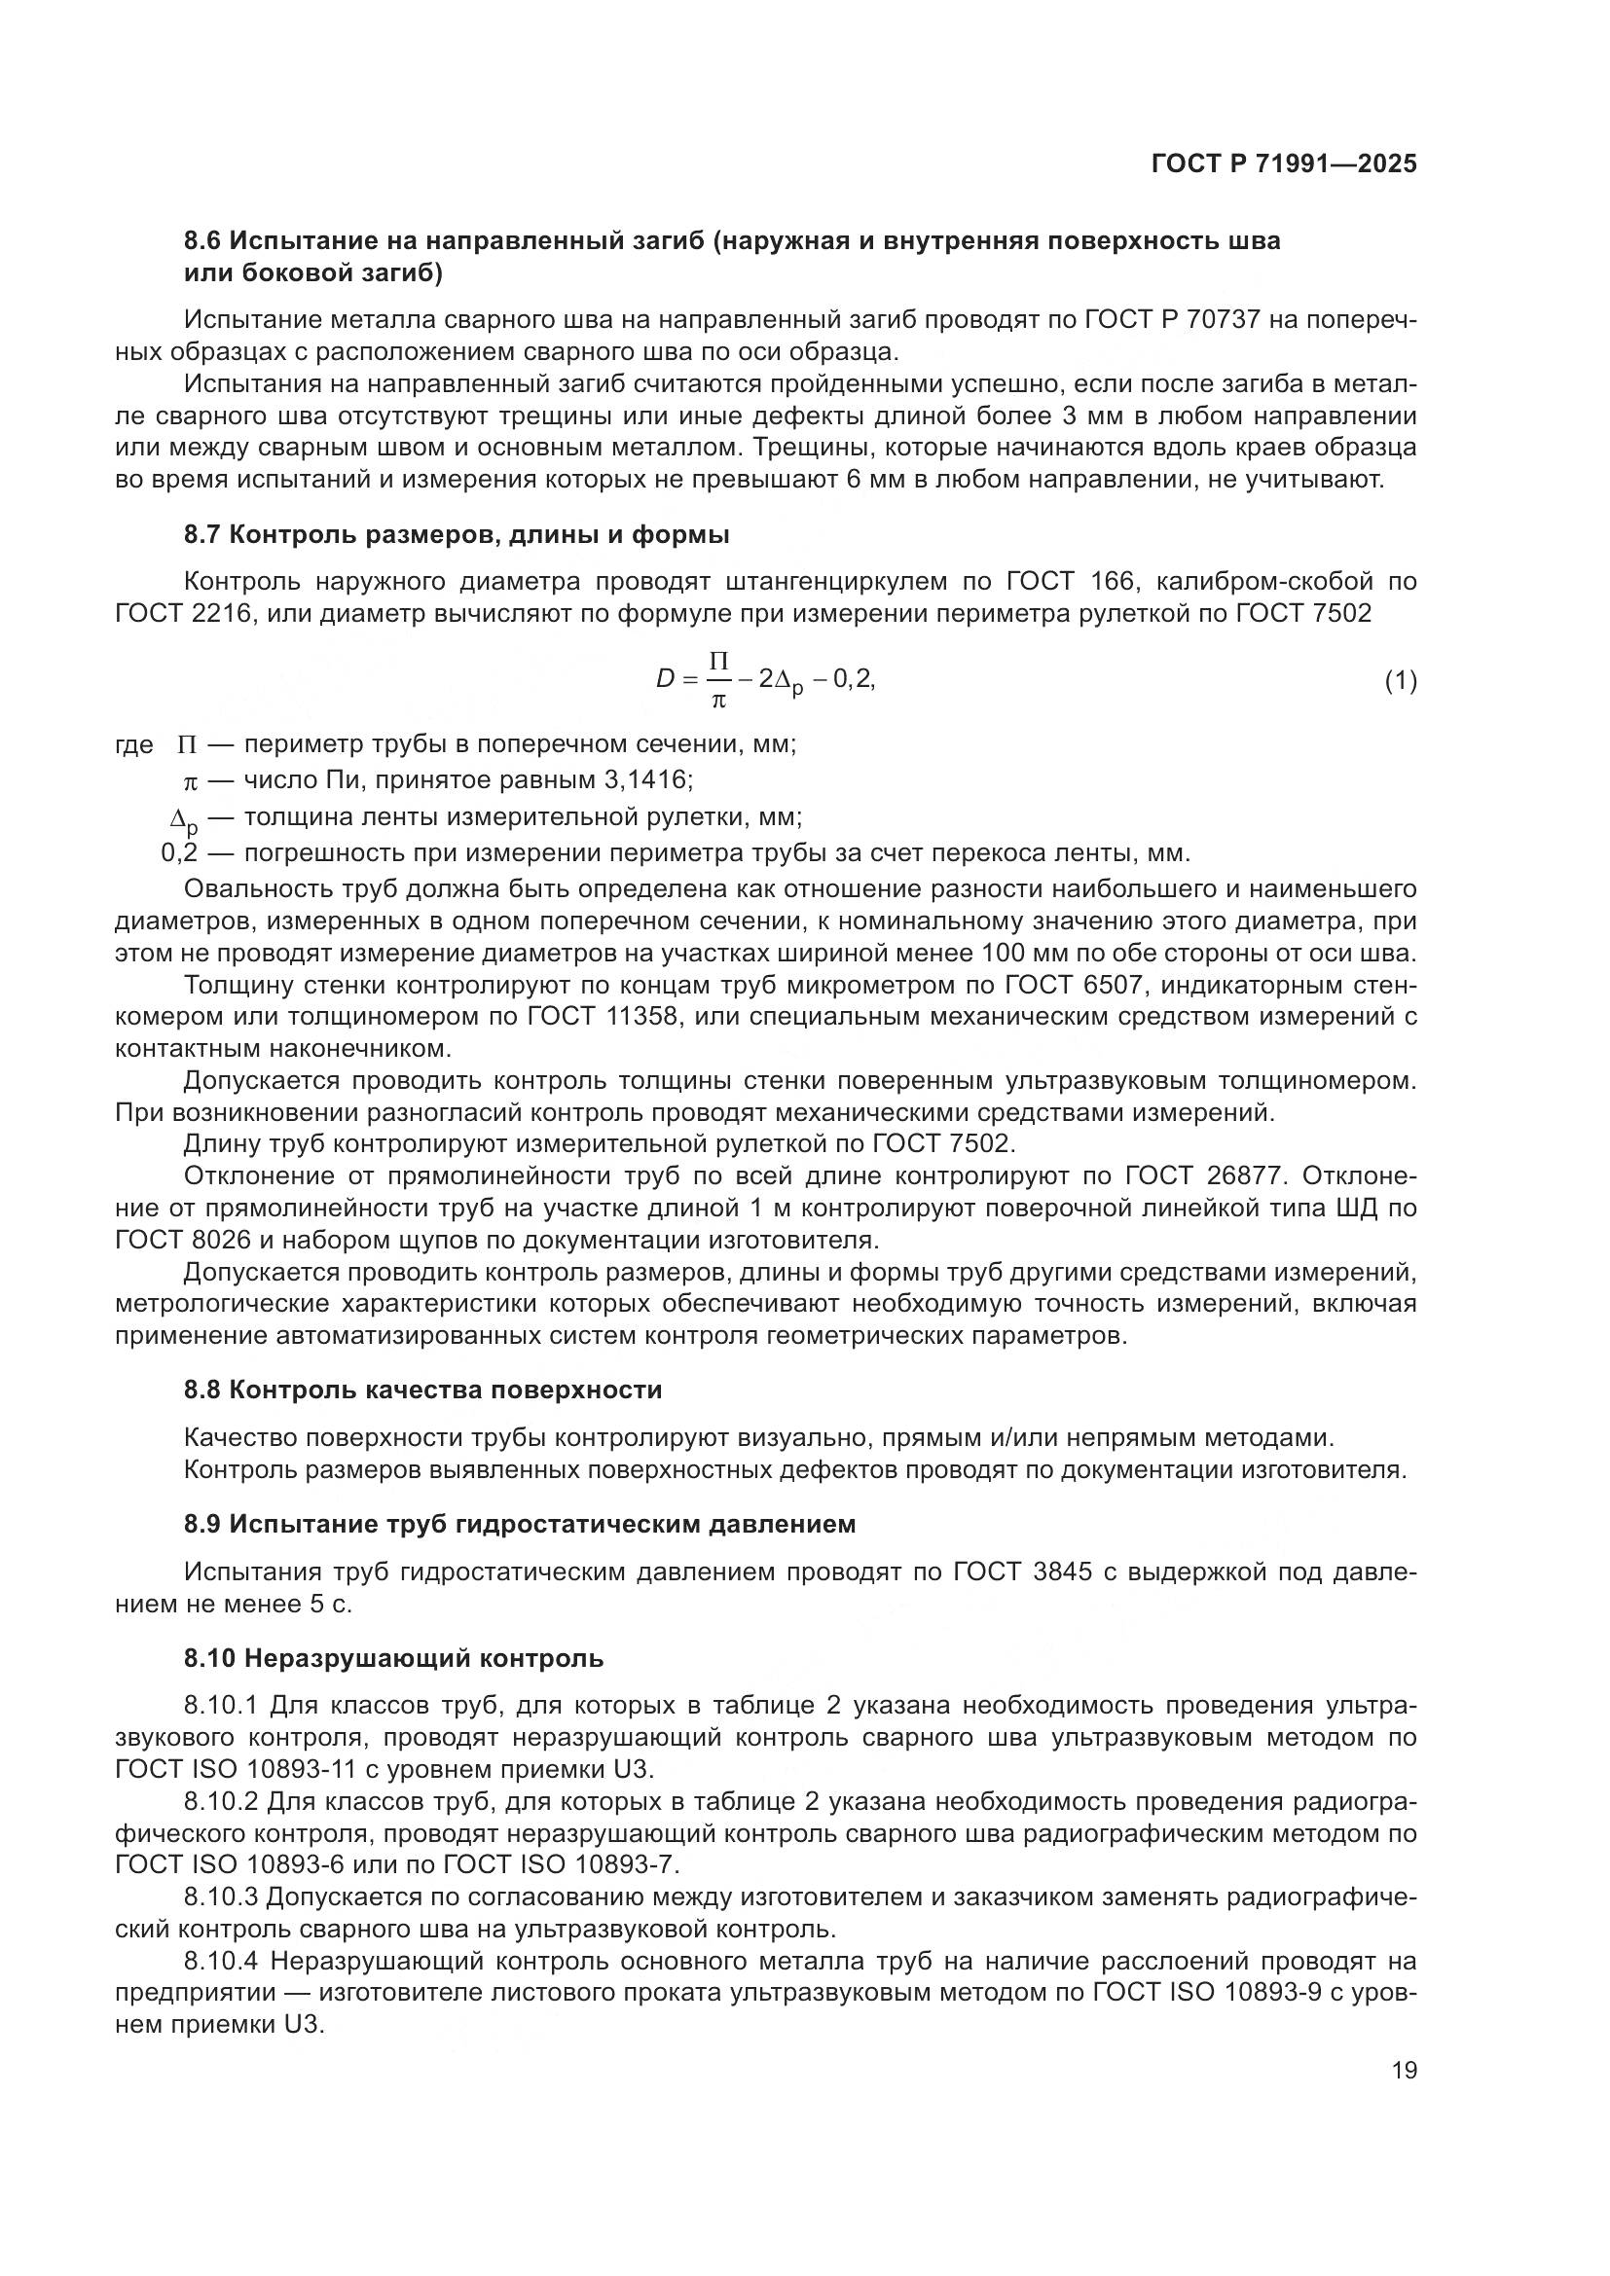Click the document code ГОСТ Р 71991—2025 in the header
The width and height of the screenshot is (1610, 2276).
click(x=1283, y=164)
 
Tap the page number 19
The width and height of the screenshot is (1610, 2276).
click(x=1404, y=2070)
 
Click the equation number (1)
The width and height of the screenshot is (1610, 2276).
click(x=1400, y=681)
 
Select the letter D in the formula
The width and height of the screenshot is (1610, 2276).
click(x=665, y=679)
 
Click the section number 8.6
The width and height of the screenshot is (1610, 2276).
click(x=205, y=241)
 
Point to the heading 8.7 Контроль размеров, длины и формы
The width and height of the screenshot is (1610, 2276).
click(x=456, y=535)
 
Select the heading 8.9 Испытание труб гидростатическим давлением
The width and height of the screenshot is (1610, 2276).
click(x=520, y=1524)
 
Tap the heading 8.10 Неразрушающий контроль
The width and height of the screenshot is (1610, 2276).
click(x=392, y=1657)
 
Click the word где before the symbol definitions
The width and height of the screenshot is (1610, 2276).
click(x=133, y=745)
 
